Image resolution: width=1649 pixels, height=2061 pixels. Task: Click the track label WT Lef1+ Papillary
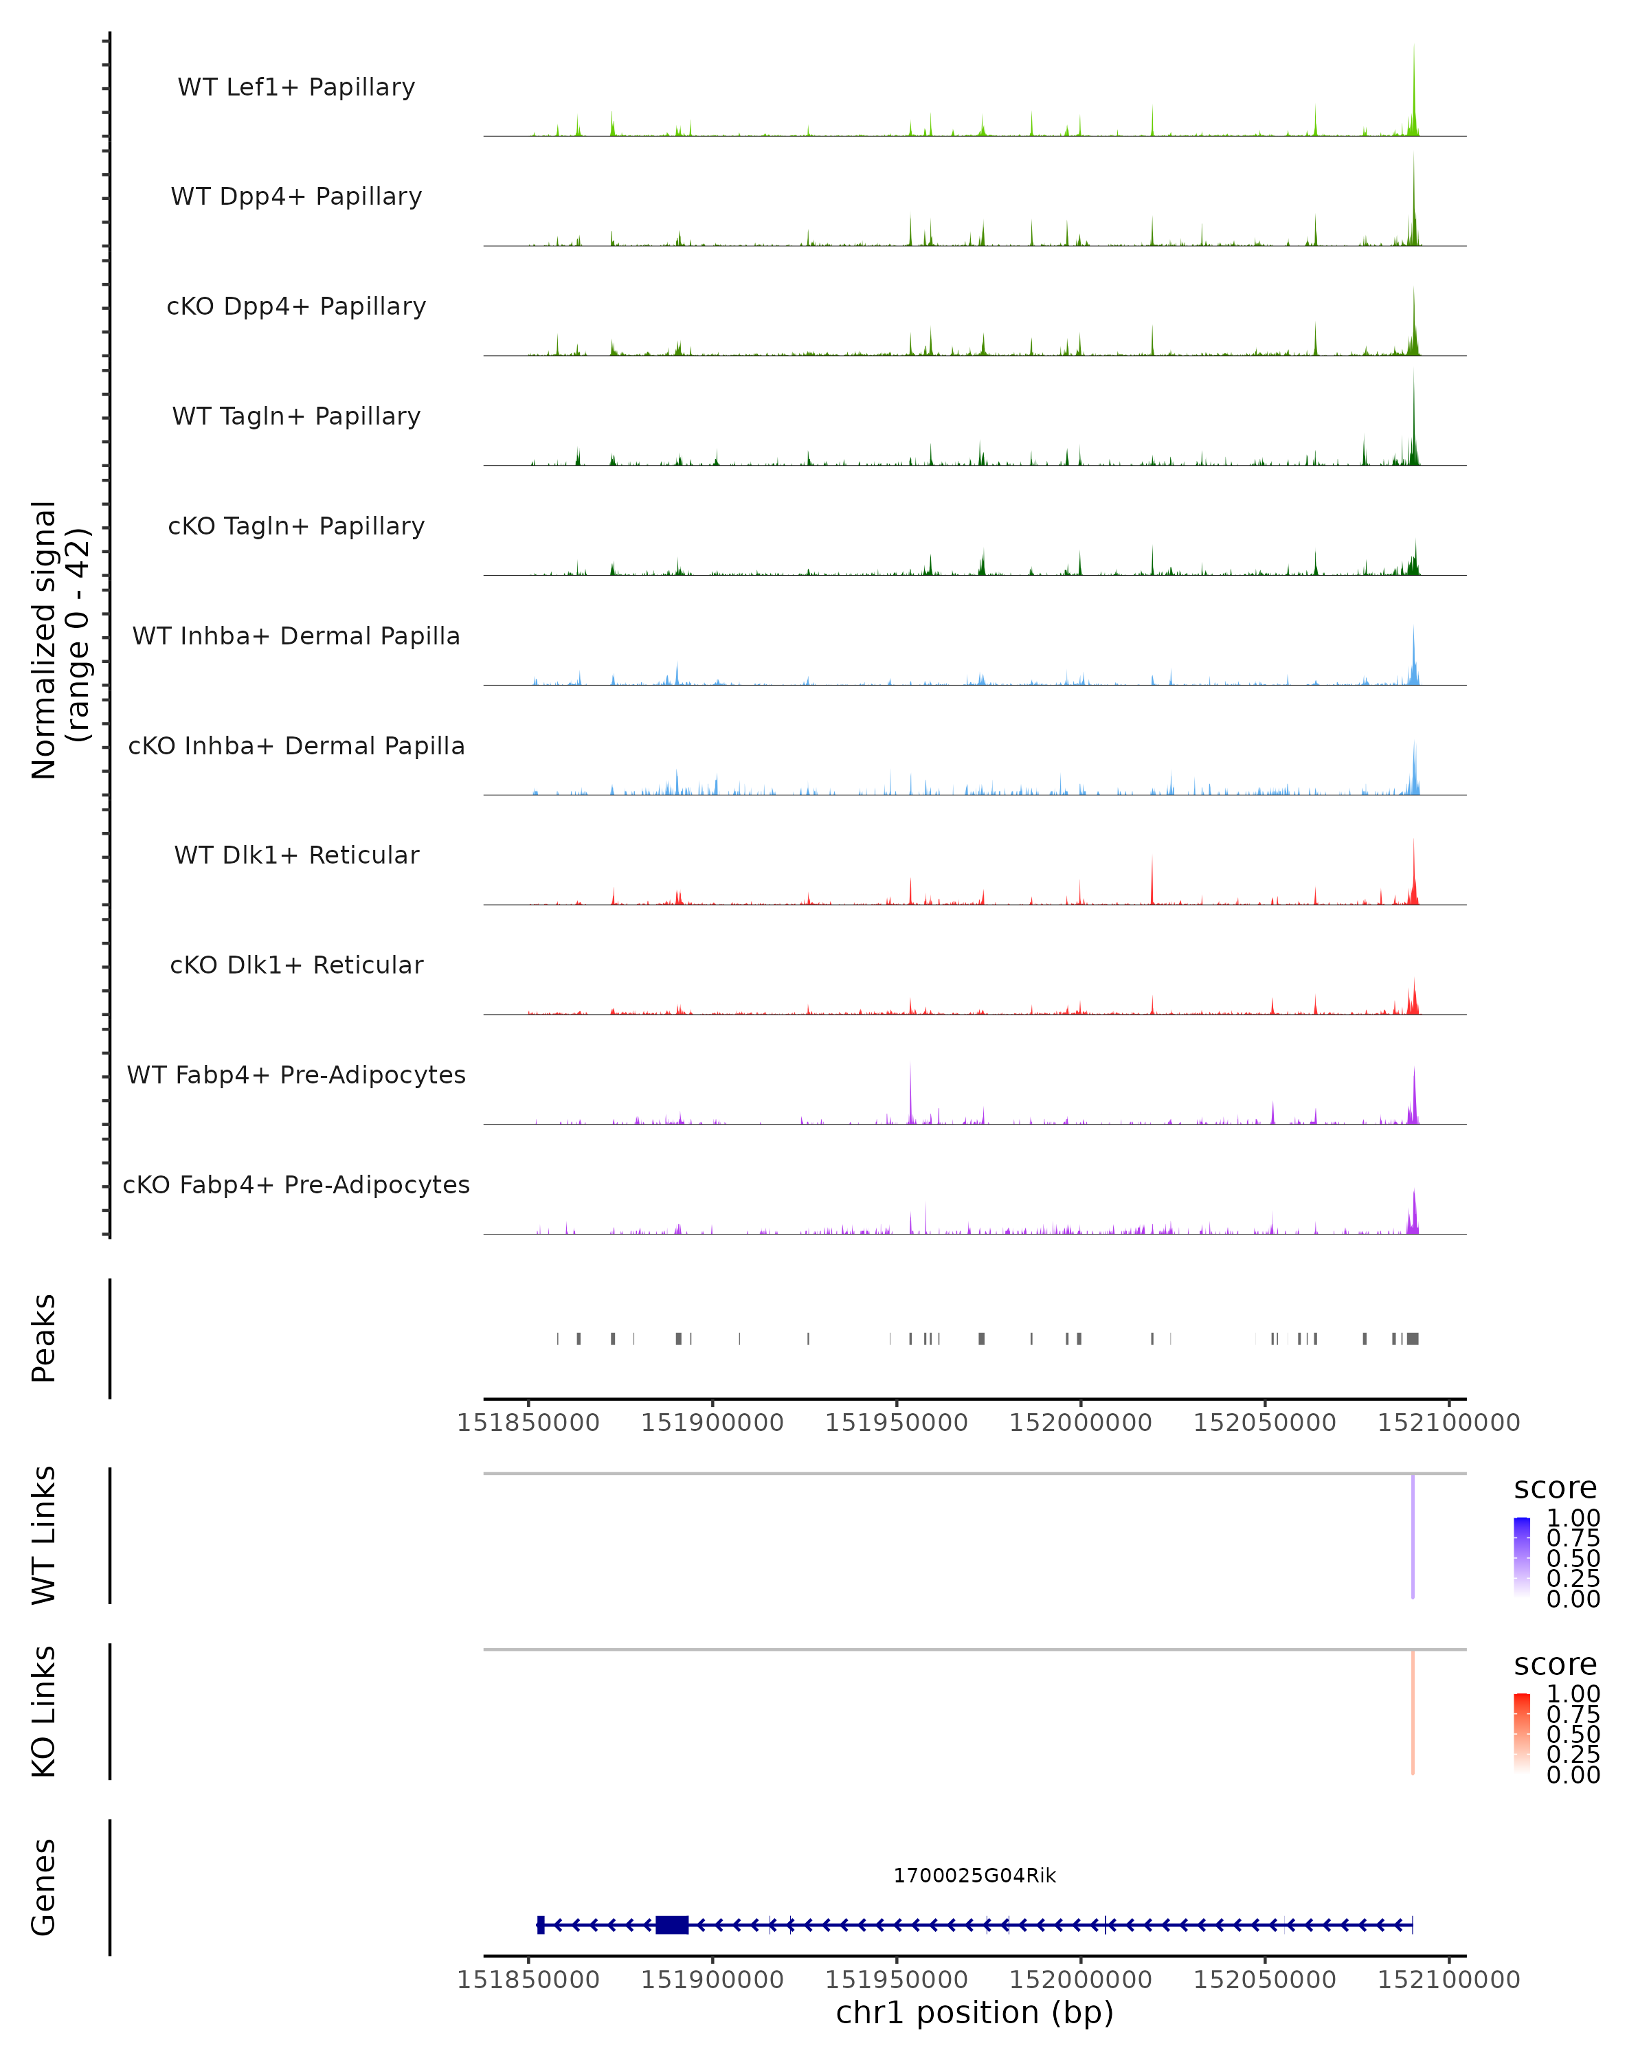pyautogui.click(x=296, y=87)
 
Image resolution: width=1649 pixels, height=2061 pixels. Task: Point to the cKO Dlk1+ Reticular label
pyautogui.click(x=296, y=965)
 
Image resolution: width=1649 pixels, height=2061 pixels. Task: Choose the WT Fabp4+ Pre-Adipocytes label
pyautogui.click(x=296, y=1074)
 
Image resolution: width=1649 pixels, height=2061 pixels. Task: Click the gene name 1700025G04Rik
pyautogui.click(x=974, y=1876)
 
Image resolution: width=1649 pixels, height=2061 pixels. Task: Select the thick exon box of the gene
pyautogui.click(x=672, y=1925)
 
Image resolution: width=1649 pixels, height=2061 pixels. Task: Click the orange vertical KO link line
pyautogui.click(x=1412, y=1712)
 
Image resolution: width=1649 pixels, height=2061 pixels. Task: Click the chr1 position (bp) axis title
pyautogui.click(x=974, y=2013)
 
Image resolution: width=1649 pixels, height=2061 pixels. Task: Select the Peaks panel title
pyautogui.click(x=44, y=1338)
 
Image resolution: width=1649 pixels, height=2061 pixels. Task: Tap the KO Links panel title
pyautogui.click(x=44, y=1712)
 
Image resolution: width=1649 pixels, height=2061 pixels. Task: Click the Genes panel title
pyautogui.click(x=44, y=1887)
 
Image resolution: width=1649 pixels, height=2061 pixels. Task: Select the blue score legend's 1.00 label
pyautogui.click(x=1573, y=1518)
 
